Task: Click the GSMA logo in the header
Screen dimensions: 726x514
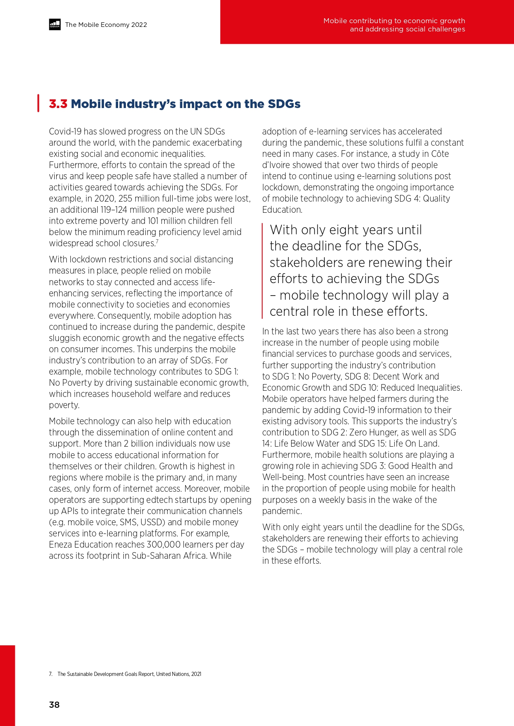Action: pos(55,24)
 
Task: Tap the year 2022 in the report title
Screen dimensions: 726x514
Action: pos(139,25)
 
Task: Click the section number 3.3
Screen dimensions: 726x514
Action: pos(58,104)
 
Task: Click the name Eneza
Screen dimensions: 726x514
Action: pos(61,545)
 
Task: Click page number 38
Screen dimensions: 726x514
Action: pos(54,705)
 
